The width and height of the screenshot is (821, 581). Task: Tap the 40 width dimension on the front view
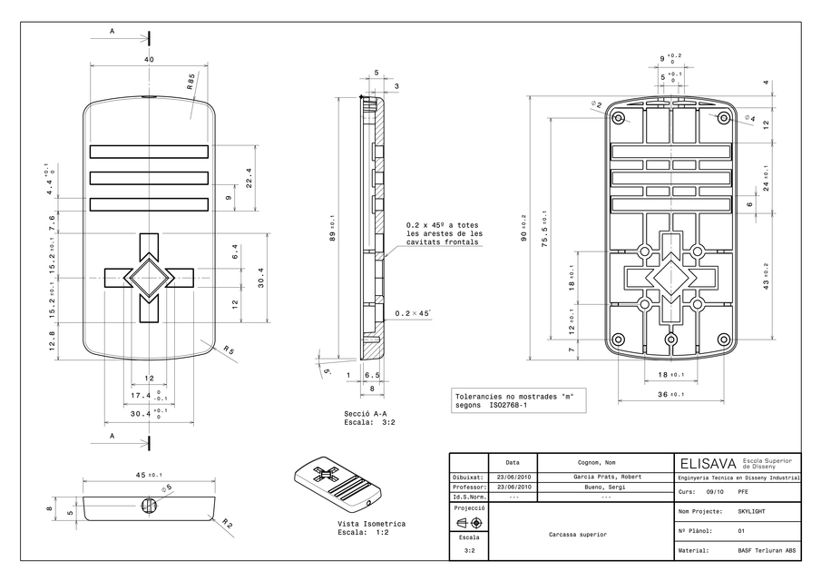[x=149, y=59]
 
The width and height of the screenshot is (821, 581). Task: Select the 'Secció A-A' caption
[x=365, y=414]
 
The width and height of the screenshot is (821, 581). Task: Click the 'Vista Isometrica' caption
[x=371, y=525]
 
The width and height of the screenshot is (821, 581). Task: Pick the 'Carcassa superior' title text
[x=578, y=535]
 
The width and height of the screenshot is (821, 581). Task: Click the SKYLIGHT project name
[x=751, y=511]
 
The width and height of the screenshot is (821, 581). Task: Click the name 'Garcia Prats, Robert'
[x=604, y=477]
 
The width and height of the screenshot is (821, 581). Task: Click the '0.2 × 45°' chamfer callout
[x=413, y=313]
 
